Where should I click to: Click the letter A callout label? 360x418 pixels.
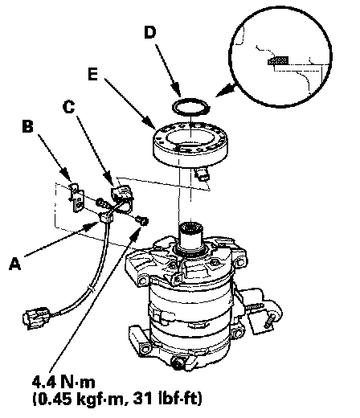(15, 263)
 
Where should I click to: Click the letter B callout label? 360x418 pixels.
(27, 126)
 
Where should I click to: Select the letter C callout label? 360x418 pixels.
(69, 107)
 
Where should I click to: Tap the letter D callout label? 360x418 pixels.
(150, 32)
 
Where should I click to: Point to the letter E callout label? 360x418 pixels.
(92, 74)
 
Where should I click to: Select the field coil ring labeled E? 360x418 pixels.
(190, 143)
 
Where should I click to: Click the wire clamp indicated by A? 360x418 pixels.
(106, 217)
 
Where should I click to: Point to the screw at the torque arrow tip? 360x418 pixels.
(142, 221)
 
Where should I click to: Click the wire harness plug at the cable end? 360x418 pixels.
(36, 318)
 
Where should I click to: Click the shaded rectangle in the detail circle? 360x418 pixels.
(278, 61)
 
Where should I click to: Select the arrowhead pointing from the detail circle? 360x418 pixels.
(224, 90)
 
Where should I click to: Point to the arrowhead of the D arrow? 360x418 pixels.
(177, 90)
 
